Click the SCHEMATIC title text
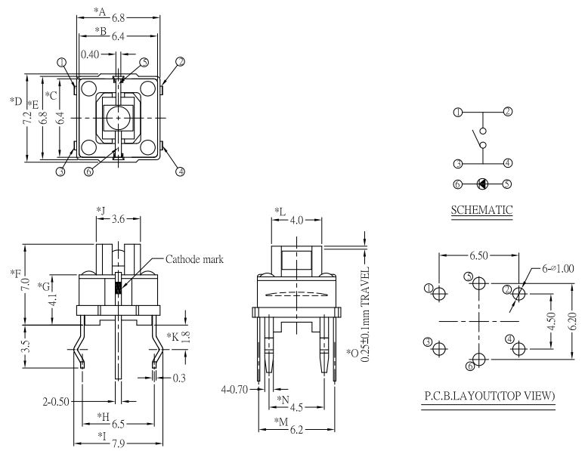click(481, 209)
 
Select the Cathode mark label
click(194, 258)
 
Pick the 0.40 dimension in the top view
click(90, 54)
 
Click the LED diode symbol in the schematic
click(482, 183)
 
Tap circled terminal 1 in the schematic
click(457, 112)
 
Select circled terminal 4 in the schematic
click(508, 162)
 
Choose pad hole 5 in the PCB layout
click(478, 281)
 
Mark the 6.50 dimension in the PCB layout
click(478, 256)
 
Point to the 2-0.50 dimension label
click(56, 400)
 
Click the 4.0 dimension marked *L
click(296, 221)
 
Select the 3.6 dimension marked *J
click(119, 220)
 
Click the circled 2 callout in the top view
click(180, 61)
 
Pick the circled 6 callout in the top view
click(88, 171)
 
